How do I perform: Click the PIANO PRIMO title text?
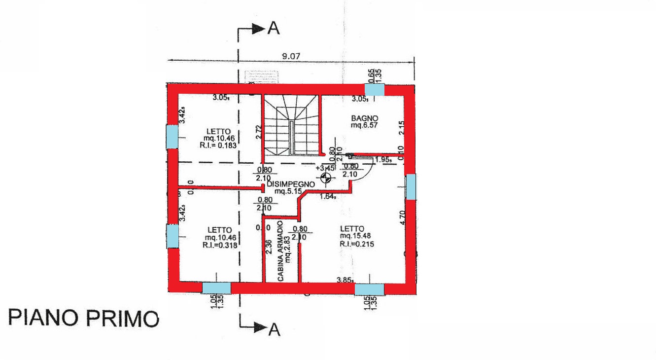pos(84,318)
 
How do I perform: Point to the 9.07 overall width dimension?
pos(291,56)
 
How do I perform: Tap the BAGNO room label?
pos(364,118)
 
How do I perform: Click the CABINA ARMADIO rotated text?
pos(281,255)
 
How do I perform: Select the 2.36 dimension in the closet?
pos(268,247)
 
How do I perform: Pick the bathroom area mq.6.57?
pos(364,125)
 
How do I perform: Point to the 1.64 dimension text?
pos(328,196)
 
